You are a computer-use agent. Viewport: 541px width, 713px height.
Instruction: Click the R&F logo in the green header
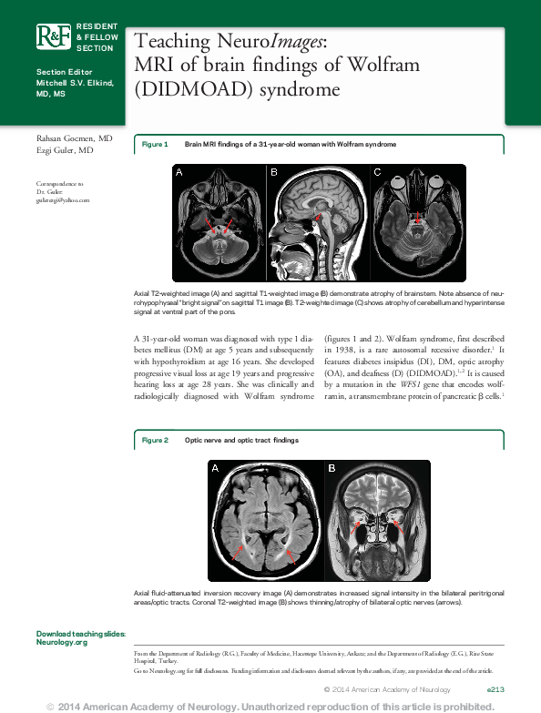click(52, 36)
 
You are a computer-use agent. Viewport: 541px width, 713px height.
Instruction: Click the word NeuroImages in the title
click(277, 42)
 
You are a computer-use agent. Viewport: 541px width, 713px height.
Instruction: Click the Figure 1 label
click(155, 145)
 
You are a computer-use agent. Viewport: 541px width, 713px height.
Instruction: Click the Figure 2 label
click(155, 440)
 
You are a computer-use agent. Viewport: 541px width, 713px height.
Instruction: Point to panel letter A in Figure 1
click(179, 172)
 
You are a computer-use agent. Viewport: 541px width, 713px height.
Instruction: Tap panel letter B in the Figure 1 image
click(273, 171)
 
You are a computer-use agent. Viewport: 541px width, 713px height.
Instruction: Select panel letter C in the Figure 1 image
click(378, 171)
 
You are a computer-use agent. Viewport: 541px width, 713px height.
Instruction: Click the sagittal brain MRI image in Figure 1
click(318, 223)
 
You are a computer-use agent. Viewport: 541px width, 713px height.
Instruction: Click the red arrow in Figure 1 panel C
click(418, 219)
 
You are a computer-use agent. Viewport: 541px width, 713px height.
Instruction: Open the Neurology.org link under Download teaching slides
click(62, 642)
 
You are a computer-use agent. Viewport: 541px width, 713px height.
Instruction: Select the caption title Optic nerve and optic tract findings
click(241, 440)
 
